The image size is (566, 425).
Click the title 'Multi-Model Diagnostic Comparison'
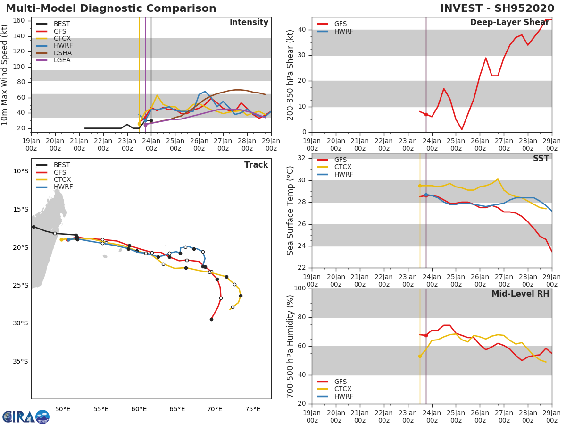111,9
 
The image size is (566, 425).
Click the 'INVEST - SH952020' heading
497,9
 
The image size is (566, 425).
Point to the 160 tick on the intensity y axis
19,21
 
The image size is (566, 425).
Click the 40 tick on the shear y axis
301,30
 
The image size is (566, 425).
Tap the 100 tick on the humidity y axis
300,289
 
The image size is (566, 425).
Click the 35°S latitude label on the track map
20,362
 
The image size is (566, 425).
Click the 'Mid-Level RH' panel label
520,294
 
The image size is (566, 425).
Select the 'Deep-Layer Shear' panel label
509,23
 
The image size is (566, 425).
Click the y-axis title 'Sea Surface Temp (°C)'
291,211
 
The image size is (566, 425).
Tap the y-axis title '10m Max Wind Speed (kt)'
5,75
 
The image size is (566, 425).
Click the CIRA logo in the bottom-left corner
26,416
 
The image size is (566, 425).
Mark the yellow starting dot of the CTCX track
61,240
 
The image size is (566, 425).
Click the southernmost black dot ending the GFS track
211,320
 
